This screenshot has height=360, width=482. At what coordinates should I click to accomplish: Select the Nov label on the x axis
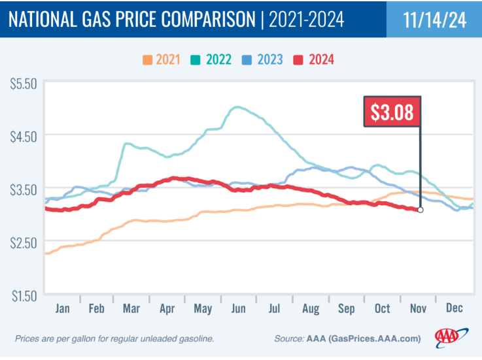pos(419,308)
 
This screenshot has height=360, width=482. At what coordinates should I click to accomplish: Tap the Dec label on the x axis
pos(455,308)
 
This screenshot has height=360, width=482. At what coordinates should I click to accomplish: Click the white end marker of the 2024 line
pos(420,210)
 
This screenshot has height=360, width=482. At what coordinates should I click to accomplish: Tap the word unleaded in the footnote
pos(151,338)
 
